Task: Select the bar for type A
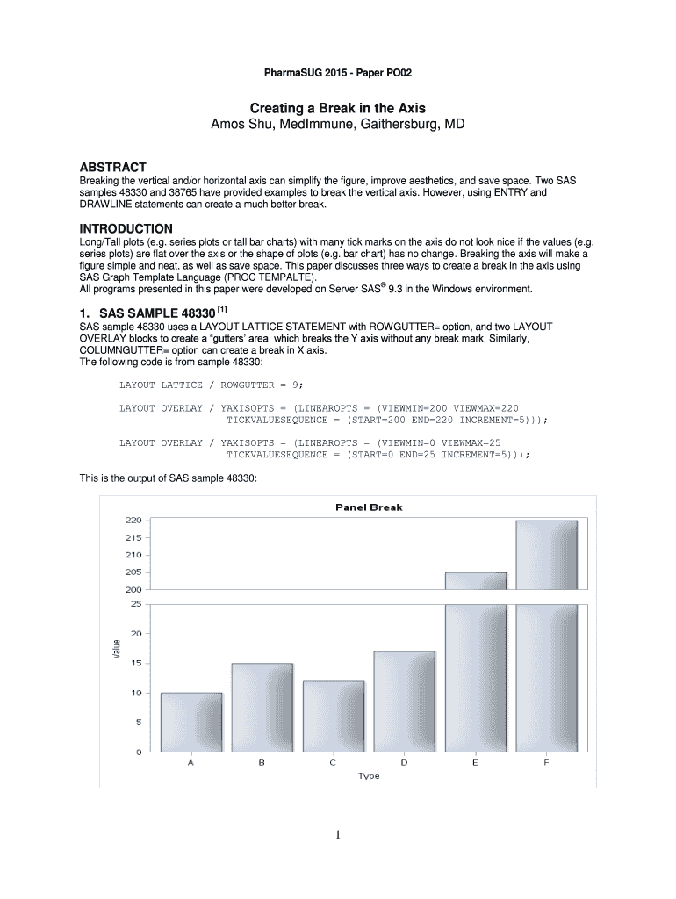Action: [191, 722]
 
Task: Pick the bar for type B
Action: [262, 707]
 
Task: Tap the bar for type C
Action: [333, 716]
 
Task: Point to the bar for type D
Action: [404, 701]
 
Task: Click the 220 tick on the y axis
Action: [132, 521]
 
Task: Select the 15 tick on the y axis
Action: [135, 663]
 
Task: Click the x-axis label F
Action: [546, 763]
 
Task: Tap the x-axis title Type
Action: [369, 776]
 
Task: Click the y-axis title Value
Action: [116, 649]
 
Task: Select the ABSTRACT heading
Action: [113, 167]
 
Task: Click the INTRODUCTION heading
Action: [126, 228]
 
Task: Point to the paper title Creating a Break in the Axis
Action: [338, 108]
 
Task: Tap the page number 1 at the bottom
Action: [338, 835]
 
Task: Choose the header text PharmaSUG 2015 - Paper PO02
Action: [338, 71]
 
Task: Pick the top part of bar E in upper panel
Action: [475, 580]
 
